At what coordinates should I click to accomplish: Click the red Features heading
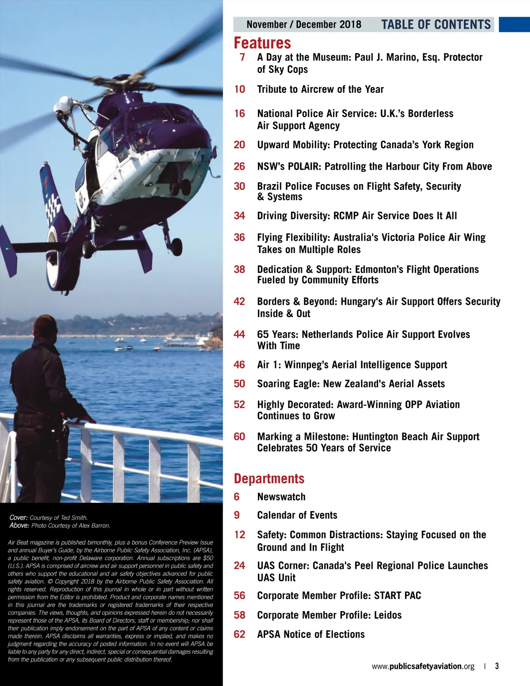(262, 43)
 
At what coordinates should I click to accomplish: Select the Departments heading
(269, 479)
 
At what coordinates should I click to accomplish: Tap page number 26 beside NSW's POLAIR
(239, 167)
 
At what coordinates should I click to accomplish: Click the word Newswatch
(281, 497)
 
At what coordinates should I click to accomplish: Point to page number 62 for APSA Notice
(239, 634)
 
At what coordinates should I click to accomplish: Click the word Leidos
(388, 615)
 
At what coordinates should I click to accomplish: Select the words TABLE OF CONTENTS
(436, 25)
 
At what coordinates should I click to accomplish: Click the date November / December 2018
(304, 25)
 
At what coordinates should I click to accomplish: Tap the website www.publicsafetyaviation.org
(423, 666)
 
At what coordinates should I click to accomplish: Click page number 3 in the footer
(497, 666)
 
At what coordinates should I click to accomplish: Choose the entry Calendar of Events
(297, 515)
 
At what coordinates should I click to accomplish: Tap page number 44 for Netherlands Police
(239, 334)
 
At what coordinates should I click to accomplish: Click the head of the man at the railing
(45, 327)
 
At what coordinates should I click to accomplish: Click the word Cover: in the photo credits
(19, 518)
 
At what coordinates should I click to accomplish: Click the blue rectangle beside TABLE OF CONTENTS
(514, 25)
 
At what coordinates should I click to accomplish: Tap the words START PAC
(397, 596)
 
